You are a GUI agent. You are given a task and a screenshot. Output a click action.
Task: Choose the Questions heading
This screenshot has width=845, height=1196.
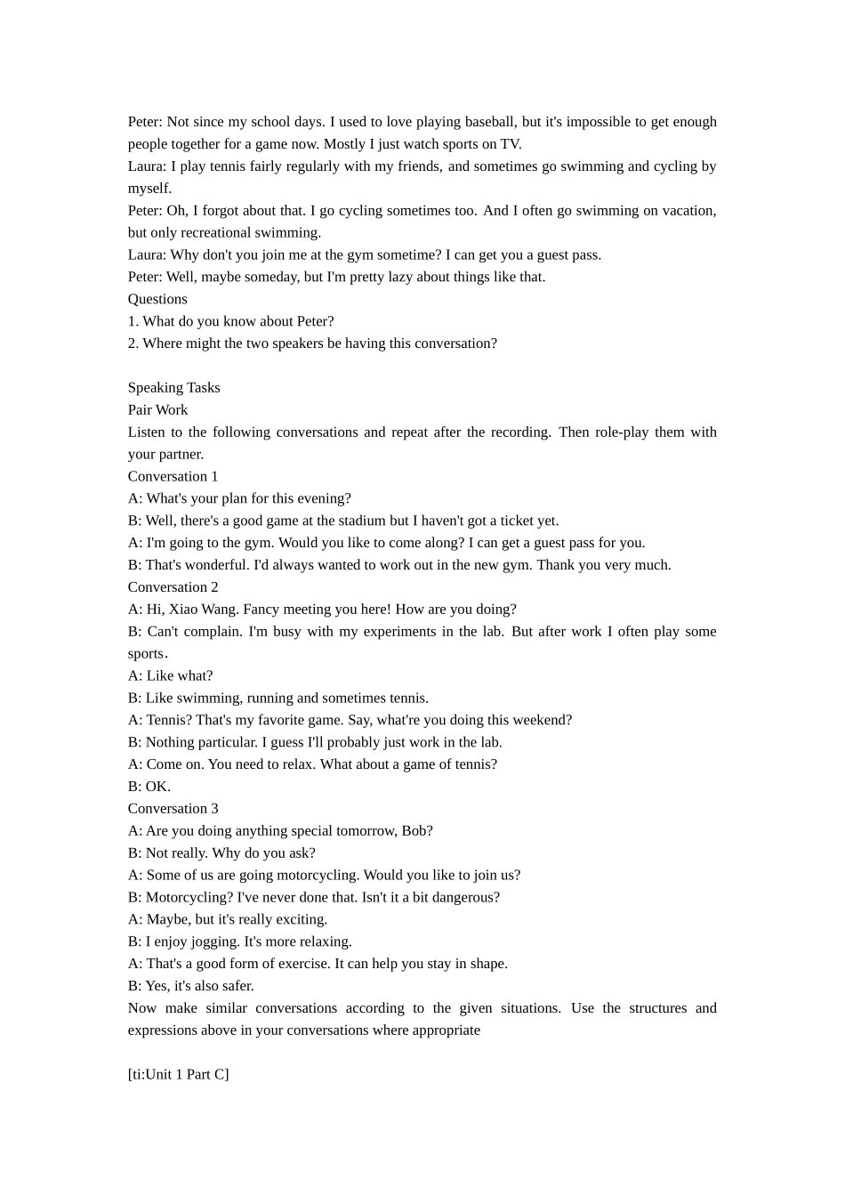coord(157,299)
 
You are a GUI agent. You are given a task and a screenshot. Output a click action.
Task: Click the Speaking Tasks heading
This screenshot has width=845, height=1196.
coord(173,388)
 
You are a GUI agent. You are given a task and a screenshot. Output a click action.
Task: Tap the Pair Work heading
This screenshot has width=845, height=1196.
coord(157,410)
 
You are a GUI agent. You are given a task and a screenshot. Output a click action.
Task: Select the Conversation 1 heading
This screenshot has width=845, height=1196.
coord(173,476)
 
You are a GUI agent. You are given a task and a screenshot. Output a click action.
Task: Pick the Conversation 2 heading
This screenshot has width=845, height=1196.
coord(173,587)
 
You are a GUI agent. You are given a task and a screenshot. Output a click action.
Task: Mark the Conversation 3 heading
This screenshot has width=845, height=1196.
coord(173,809)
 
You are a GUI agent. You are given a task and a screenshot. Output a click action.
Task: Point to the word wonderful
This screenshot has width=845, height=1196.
coord(213,565)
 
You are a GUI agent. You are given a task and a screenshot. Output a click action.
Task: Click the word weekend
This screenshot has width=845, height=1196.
coord(543,720)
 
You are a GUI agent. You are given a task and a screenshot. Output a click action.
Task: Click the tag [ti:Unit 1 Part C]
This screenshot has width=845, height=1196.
coord(178,1075)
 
